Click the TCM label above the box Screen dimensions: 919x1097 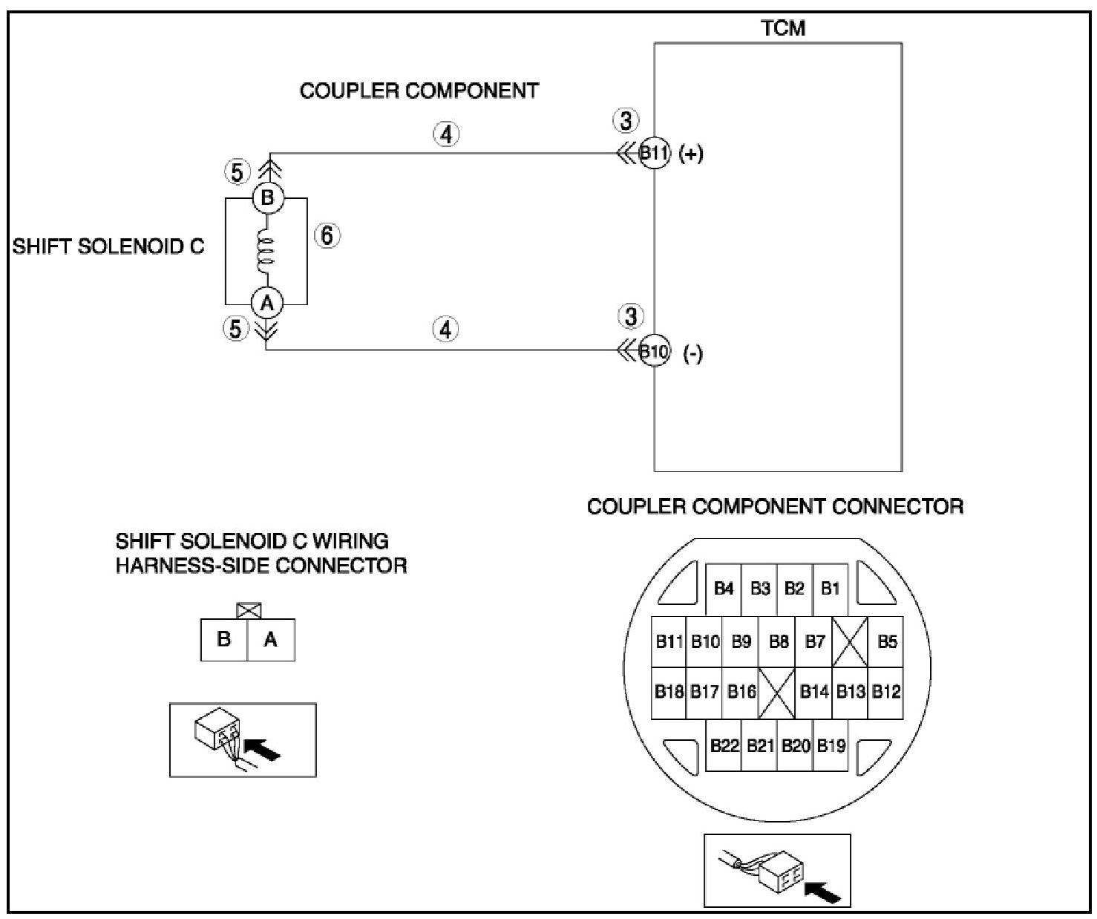(783, 28)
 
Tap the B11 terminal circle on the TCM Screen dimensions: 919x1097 (655, 154)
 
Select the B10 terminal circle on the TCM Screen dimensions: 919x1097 (655, 351)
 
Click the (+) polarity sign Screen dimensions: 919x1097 (691, 154)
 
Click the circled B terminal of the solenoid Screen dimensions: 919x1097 (267, 198)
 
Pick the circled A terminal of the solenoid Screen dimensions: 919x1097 (266, 303)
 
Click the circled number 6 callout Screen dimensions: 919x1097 (327, 235)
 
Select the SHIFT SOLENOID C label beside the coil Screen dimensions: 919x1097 (108, 246)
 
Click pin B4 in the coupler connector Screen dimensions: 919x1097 (723, 589)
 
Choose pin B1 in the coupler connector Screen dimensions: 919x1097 (831, 589)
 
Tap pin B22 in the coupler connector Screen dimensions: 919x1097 (724, 745)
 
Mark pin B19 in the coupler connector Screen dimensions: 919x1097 (831, 745)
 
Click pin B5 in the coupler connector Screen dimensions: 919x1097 (886, 641)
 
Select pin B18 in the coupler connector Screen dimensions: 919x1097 (669, 692)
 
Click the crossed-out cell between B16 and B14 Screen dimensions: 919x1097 (777, 692)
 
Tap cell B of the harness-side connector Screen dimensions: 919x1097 (223, 639)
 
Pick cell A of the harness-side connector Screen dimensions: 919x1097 (270, 639)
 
